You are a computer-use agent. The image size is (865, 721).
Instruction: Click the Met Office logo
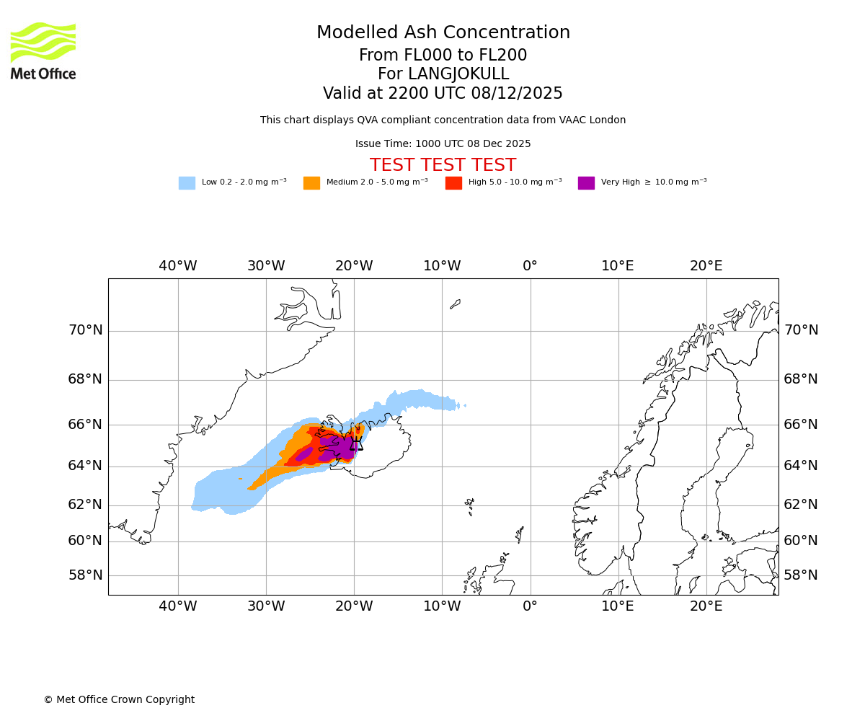(x=43, y=50)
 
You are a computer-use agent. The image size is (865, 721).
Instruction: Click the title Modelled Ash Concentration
(x=443, y=33)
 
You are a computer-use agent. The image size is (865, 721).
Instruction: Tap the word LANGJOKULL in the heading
(x=458, y=74)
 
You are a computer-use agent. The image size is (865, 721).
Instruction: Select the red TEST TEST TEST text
(x=443, y=166)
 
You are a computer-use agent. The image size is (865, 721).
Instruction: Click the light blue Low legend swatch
(x=187, y=183)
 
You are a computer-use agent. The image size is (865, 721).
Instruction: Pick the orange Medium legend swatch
(x=311, y=183)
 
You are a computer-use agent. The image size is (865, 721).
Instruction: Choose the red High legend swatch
(x=453, y=183)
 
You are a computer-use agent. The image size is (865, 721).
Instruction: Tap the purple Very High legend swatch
(x=586, y=183)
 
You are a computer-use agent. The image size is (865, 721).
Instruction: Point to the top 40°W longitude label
(x=177, y=266)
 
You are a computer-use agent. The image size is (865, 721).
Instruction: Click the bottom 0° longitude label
(x=530, y=606)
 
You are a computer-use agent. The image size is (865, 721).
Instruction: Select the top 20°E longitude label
(x=706, y=266)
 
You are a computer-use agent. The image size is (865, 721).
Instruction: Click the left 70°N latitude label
(x=85, y=330)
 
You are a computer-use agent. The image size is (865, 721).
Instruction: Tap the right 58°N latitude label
(x=801, y=575)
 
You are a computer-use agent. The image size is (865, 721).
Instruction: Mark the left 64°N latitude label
(x=85, y=466)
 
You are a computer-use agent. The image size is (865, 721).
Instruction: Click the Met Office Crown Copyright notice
(x=119, y=700)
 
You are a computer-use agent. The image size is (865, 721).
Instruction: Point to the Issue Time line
(x=443, y=144)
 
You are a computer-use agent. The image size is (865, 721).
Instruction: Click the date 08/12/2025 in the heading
(x=517, y=94)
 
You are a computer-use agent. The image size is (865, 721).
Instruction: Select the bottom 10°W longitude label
(x=442, y=606)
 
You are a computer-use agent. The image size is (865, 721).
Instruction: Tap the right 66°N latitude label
(x=801, y=425)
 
